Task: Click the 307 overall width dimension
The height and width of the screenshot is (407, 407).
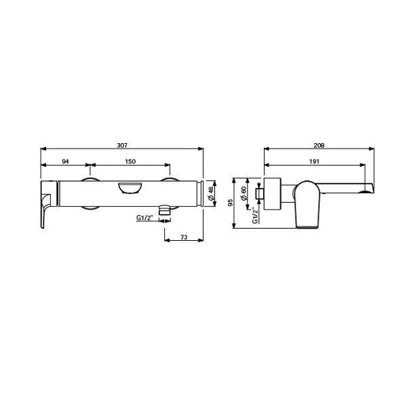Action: point(122,144)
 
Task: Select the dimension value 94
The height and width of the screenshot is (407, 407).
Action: point(65,161)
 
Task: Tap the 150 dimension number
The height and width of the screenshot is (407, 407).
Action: point(131,161)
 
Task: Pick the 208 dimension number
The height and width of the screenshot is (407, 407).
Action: point(318,144)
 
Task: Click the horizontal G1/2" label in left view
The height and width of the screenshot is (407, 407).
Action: point(146,218)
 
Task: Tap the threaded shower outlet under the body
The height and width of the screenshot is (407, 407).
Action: point(163,211)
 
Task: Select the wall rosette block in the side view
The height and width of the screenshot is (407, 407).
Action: point(270,195)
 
